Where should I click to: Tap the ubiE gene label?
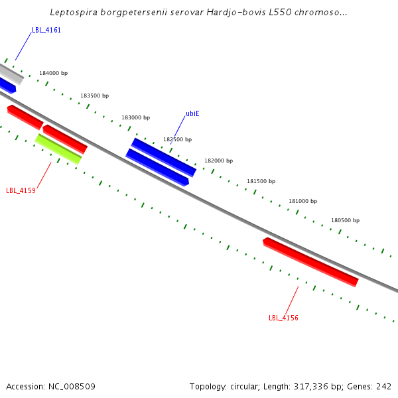click(x=192, y=113)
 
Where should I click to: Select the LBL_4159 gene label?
click(x=21, y=190)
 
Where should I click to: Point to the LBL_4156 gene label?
click(x=283, y=318)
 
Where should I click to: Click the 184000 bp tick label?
click(x=53, y=73)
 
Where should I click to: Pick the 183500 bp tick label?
click(x=94, y=96)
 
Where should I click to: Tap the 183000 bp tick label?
click(x=135, y=117)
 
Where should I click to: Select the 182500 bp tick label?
click(x=177, y=139)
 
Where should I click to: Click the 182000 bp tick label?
click(x=218, y=161)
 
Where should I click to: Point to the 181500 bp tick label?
click(x=261, y=181)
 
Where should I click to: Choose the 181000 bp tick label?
click(x=302, y=201)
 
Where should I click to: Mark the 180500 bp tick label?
click(x=345, y=220)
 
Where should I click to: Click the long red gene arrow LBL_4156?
click(x=310, y=262)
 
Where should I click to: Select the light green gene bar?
click(x=58, y=149)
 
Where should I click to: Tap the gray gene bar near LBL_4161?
click(x=11, y=74)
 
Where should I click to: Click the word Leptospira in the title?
click(x=74, y=13)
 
